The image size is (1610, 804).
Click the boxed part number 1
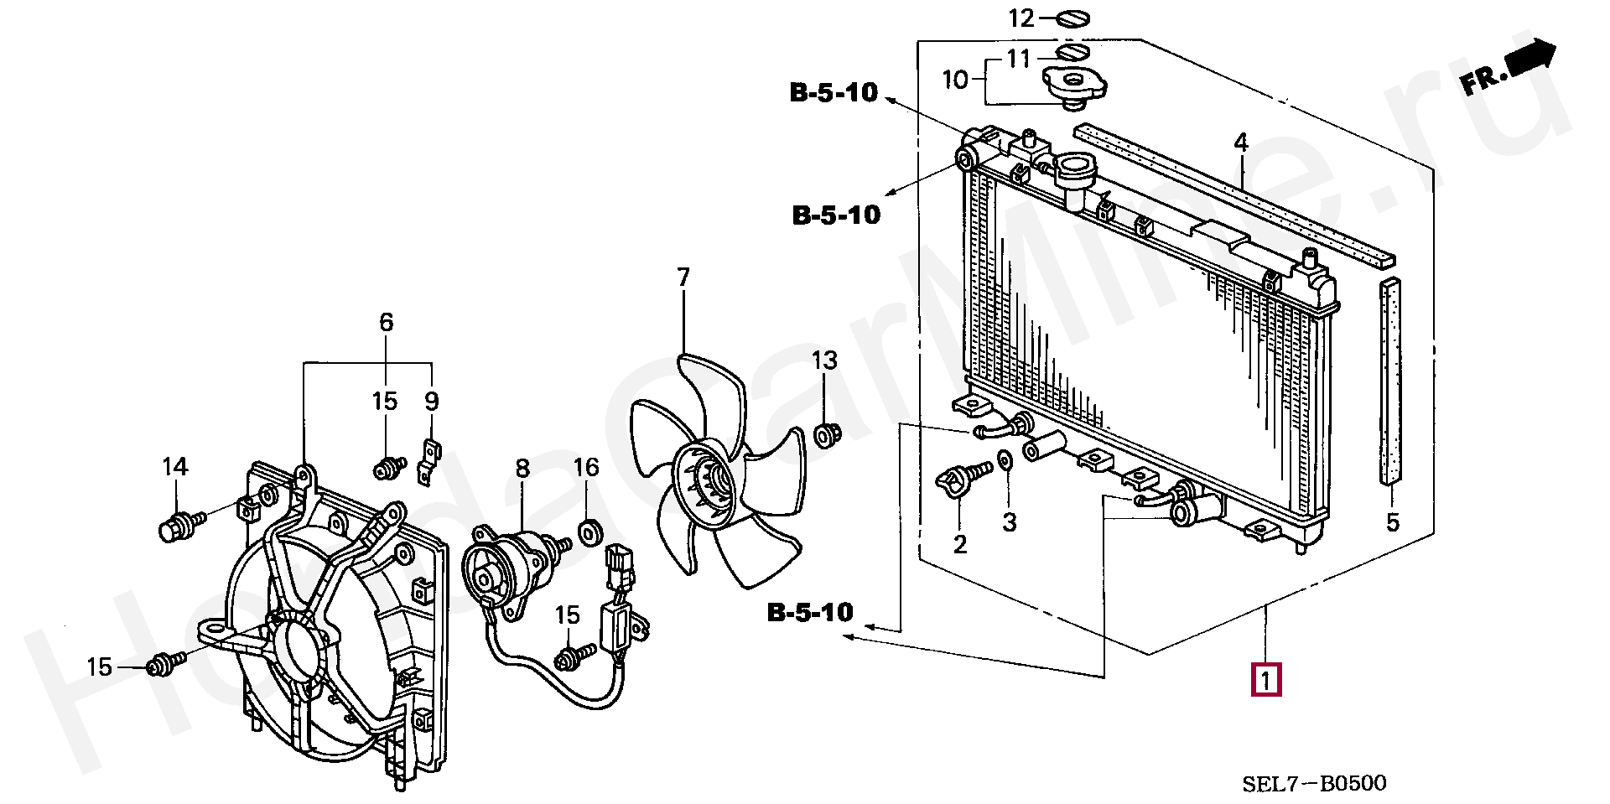(x=1265, y=679)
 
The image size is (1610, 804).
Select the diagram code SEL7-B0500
(x=1314, y=784)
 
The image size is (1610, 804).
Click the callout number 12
(x=1021, y=18)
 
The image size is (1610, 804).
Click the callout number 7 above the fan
(x=683, y=277)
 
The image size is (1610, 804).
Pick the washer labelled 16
(x=591, y=532)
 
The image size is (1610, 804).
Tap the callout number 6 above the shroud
(x=386, y=322)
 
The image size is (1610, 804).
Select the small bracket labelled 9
(x=428, y=463)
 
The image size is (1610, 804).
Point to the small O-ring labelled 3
(x=1004, y=460)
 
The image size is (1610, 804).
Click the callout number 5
(x=1392, y=522)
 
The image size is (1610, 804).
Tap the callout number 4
(x=1241, y=143)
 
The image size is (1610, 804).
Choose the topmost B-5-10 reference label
(x=834, y=92)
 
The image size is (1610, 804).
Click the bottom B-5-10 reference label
(x=810, y=613)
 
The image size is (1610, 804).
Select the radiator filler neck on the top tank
(x=1074, y=173)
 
